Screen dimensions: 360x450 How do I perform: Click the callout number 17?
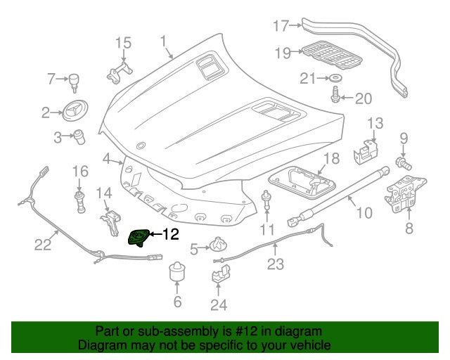point(281,27)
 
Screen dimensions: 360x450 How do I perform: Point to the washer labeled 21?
point(335,77)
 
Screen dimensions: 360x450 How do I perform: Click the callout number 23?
point(275,264)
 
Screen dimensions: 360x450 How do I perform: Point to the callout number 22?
point(44,245)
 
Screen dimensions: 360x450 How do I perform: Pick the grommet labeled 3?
point(79,135)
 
